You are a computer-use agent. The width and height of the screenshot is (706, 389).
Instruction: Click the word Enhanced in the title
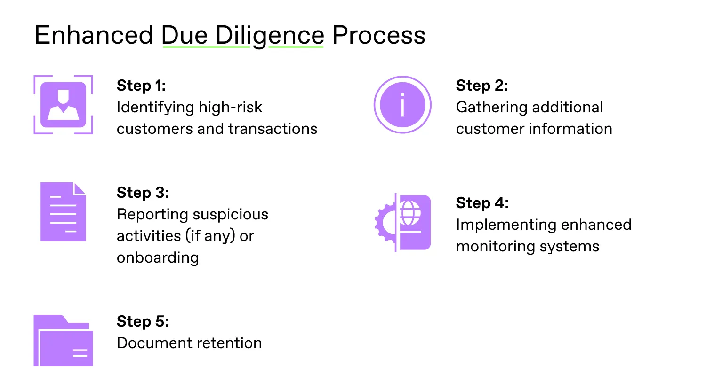click(94, 35)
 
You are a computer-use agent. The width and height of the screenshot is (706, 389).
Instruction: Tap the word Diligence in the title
click(270, 36)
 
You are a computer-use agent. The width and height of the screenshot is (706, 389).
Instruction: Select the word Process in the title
click(378, 35)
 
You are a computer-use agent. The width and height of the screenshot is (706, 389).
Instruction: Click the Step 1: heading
click(141, 86)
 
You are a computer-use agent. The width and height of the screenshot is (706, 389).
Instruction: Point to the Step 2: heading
click(482, 86)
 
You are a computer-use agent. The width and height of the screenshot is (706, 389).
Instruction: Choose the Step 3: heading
click(143, 193)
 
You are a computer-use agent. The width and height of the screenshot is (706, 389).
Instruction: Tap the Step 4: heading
click(482, 203)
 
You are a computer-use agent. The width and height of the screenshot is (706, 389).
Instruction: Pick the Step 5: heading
click(143, 321)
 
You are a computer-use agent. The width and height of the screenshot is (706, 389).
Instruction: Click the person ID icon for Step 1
click(63, 105)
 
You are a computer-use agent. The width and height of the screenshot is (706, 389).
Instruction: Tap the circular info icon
click(402, 105)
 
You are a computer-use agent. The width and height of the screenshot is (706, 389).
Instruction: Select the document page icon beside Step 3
click(63, 212)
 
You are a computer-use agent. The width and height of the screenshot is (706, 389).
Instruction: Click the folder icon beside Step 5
click(63, 341)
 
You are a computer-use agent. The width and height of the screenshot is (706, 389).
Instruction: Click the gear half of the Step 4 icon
click(385, 223)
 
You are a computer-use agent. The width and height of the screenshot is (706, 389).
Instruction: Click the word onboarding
click(158, 258)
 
